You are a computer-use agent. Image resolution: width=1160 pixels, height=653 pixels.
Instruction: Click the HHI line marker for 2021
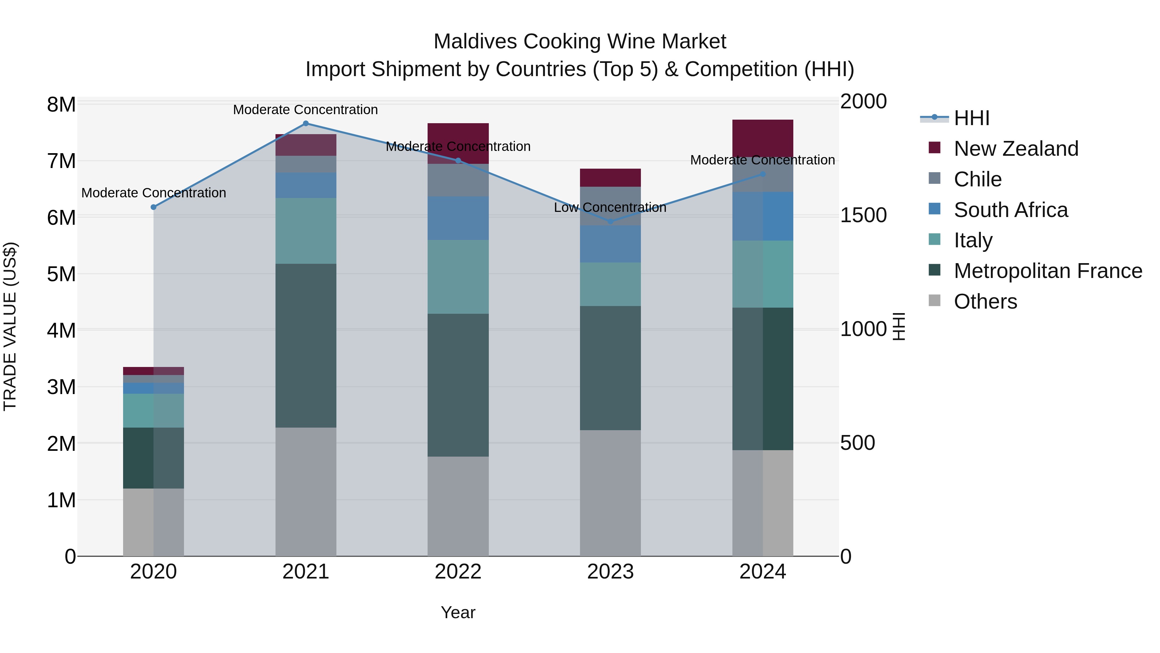tap(306, 124)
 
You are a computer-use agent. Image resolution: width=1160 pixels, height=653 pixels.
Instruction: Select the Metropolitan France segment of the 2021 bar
tap(306, 346)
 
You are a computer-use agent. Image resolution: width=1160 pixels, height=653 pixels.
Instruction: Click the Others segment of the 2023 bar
tap(610, 493)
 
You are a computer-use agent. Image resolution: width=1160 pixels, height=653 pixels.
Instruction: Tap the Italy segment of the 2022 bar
tap(458, 277)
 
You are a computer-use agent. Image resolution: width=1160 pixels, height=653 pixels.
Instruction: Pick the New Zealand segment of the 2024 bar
tap(762, 138)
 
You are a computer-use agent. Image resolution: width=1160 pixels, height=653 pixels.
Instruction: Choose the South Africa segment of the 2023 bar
tap(610, 244)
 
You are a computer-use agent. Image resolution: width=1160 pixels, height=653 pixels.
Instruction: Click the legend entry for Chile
tap(977, 179)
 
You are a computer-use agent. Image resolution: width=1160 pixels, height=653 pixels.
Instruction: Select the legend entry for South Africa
tap(1010, 210)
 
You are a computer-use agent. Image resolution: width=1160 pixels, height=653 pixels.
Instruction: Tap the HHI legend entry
tap(971, 118)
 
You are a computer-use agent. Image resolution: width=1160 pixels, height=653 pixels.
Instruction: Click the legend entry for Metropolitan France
tap(1048, 271)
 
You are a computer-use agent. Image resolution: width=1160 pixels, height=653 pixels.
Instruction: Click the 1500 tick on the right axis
tap(863, 215)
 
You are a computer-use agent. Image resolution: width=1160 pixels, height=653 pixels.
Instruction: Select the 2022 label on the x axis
tap(458, 572)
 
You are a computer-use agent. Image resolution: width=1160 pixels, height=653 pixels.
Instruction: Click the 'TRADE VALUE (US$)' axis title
tap(10, 326)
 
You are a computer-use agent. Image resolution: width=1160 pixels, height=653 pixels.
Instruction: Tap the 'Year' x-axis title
tap(458, 612)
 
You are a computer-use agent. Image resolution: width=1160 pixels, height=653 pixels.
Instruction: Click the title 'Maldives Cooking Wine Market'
tap(580, 42)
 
